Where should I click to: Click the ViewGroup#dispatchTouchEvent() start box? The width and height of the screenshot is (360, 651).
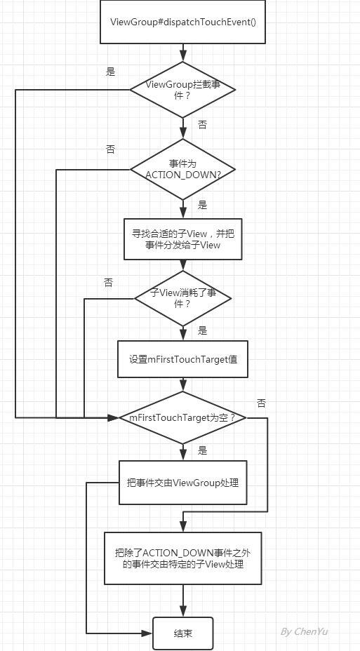182,22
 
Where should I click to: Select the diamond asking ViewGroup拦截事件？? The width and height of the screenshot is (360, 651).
182,89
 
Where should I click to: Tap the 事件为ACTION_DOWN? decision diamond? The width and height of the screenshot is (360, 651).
182,169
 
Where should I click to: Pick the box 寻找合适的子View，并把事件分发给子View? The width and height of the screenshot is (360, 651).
182,239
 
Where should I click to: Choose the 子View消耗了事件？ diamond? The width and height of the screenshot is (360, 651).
182,298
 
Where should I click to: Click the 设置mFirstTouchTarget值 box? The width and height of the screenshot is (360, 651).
182,359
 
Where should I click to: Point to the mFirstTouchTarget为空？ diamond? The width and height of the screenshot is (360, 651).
182,417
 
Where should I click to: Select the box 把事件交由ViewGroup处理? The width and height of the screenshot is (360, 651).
182,483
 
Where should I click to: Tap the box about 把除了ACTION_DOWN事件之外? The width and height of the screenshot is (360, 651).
182,558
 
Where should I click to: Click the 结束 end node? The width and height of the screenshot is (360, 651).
182,633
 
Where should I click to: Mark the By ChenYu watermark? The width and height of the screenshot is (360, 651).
305,632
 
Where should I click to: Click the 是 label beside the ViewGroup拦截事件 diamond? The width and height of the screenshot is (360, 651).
110,72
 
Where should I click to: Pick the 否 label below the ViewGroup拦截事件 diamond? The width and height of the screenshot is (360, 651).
202,125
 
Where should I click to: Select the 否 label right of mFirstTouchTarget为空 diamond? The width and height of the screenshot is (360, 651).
261,403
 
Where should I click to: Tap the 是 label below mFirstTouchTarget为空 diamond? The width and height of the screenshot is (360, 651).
202,450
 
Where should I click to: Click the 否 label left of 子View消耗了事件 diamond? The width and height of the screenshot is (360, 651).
108,283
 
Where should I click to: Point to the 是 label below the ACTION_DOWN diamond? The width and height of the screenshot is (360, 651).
202,205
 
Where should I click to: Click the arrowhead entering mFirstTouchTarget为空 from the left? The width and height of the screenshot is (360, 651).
114,417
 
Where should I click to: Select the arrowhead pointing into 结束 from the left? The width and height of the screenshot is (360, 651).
147,633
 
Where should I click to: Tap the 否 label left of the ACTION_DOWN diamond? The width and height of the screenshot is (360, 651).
110,149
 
